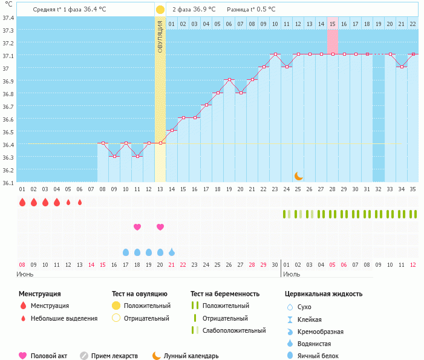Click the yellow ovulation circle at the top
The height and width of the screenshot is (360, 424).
(160, 10)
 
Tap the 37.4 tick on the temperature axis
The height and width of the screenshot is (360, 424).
(8, 18)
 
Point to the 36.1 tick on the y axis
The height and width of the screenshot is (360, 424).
(8, 183)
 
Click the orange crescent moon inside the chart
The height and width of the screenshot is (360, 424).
(298, 176)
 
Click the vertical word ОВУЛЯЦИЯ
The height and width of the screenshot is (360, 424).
(160, 36)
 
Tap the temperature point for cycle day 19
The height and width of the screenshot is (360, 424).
(229, 79)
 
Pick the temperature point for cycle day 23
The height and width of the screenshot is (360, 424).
(275, 54)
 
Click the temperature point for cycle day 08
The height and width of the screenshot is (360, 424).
(103, 143)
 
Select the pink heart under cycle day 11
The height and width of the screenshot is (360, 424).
(137, 227)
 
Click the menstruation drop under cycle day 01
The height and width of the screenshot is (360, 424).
(22, 202)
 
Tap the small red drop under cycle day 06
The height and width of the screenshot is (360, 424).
(80, 202)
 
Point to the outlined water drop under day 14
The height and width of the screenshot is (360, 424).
(172, 252)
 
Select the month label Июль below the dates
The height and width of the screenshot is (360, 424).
(292, 274)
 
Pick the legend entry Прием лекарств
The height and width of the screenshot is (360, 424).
(114, 356)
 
